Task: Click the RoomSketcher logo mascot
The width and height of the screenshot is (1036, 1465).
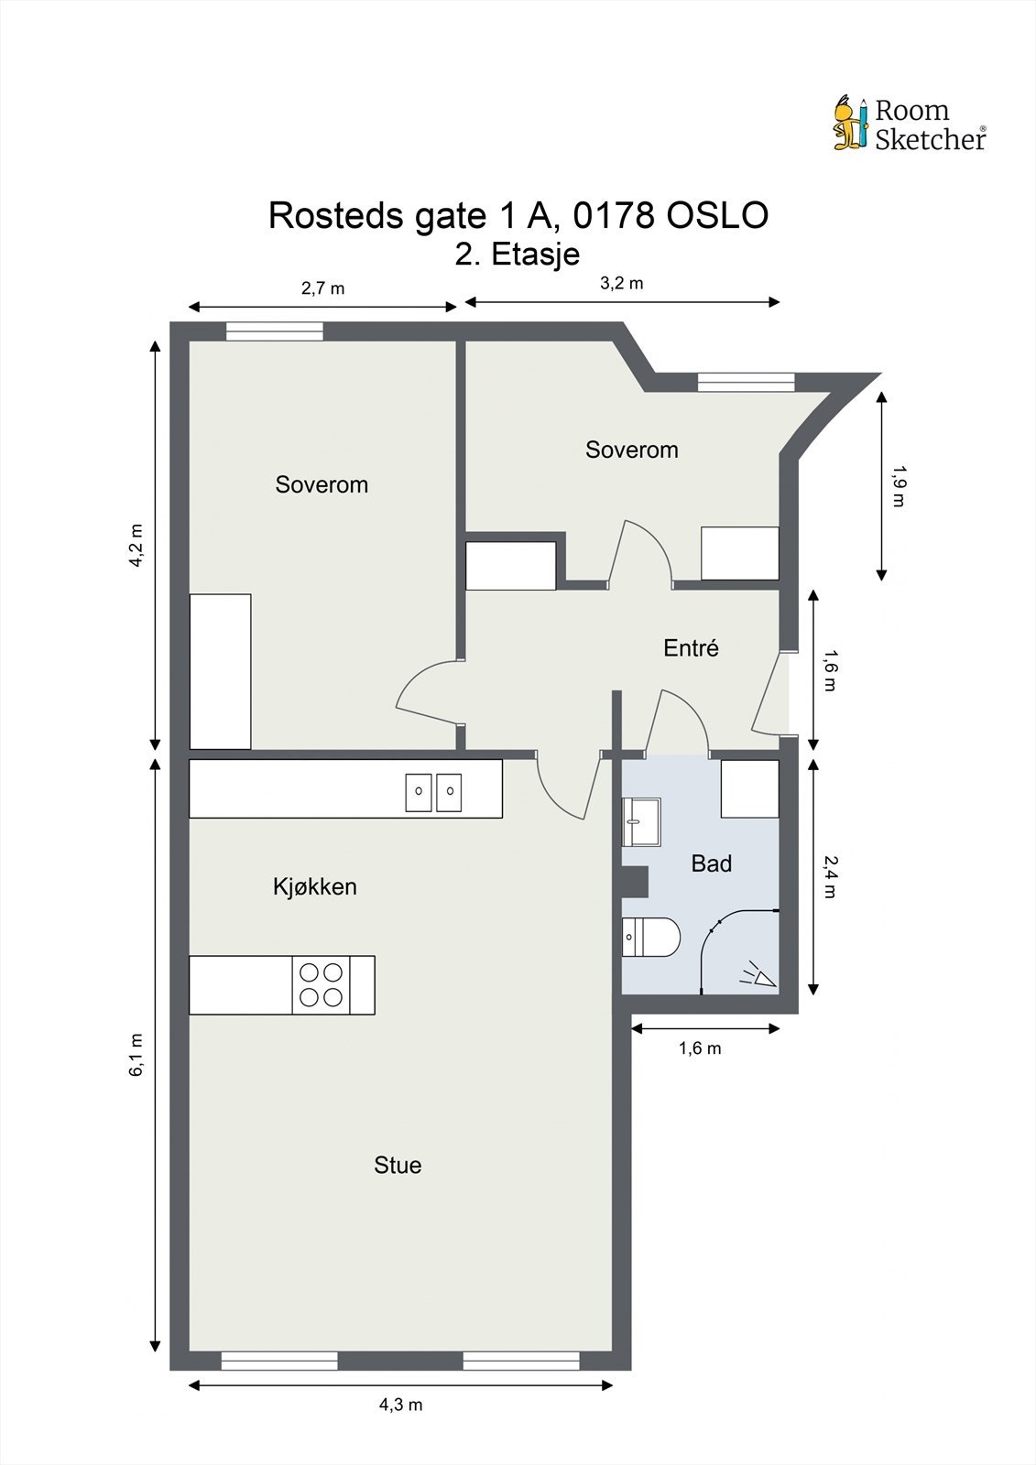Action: point(849,123)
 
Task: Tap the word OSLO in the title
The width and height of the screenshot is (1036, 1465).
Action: point(716,216)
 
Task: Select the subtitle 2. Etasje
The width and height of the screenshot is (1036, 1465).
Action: point(518,254)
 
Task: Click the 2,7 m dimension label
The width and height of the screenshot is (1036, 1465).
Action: point(322,288)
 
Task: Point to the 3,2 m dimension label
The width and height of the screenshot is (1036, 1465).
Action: point(621,283)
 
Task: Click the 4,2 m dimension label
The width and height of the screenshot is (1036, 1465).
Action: point(136,546)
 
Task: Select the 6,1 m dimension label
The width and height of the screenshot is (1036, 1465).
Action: point(136,1054)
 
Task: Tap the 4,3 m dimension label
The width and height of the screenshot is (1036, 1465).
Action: point(400,1405)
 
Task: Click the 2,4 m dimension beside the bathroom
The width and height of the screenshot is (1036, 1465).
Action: point(830,876)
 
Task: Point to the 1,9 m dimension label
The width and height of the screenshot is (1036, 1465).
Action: point(899,486)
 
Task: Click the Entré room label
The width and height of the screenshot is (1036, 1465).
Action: point(691,648)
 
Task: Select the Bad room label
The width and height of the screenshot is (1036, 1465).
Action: point(711,863)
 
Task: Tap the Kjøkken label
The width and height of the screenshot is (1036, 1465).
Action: point(314,886)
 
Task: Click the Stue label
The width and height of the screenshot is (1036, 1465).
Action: point(398,1165)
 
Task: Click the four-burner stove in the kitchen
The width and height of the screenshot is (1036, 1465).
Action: point(321,984)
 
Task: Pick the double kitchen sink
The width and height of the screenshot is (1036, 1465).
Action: point(433,792)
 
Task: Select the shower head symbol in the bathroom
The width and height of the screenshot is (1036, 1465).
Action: point(758,975)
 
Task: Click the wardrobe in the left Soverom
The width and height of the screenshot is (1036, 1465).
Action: point(220,671)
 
